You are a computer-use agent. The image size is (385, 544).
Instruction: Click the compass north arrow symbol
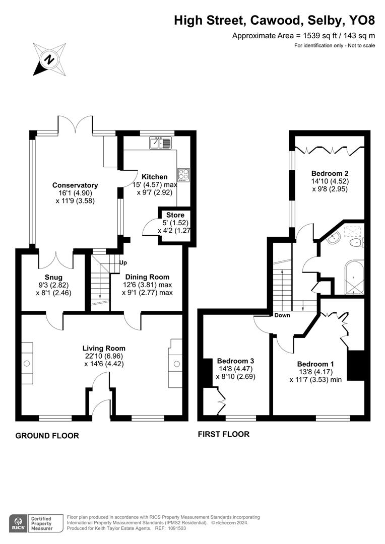(49, 59)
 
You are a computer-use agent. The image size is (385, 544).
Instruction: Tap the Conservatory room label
(75, 185)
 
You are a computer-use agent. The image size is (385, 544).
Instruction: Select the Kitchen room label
(154, 177)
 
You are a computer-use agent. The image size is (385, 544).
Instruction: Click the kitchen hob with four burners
(183, 175)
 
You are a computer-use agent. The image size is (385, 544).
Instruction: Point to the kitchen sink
(161, 144)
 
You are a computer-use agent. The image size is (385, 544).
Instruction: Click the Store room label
(175, 215)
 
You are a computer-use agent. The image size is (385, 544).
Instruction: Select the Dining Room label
(147, 277)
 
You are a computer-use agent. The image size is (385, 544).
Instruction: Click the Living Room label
(104, 348)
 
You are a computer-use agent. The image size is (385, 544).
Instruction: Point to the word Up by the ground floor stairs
(122, 262)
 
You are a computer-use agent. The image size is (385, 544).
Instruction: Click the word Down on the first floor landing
(282, 315)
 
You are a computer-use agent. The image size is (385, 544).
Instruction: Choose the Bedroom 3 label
(235, 361)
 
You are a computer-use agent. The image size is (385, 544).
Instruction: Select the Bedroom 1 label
(315, 364)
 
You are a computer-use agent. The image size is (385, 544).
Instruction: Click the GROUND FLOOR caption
(47, 436)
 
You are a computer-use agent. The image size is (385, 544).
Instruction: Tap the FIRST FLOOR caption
(224, 434)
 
